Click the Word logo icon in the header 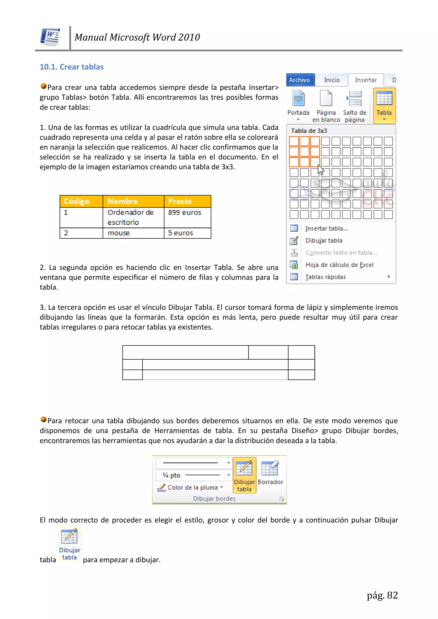[50, 37]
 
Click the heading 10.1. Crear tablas [72, 67]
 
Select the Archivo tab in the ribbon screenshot [300, 80]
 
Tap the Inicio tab [331, 80]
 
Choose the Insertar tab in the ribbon [365, 80]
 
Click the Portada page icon [298, 98]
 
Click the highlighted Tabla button [384, 105]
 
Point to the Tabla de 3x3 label [309, 131]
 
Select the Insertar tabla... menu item [327, 228]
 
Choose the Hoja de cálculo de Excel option [339, 265]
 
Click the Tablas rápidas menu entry [326, 277]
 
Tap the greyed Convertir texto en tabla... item [341, 253]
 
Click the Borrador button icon [270, 469]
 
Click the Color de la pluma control [192, 488]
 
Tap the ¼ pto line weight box [193, 475]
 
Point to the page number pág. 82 [382, 595]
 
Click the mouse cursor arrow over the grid [320, 170]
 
